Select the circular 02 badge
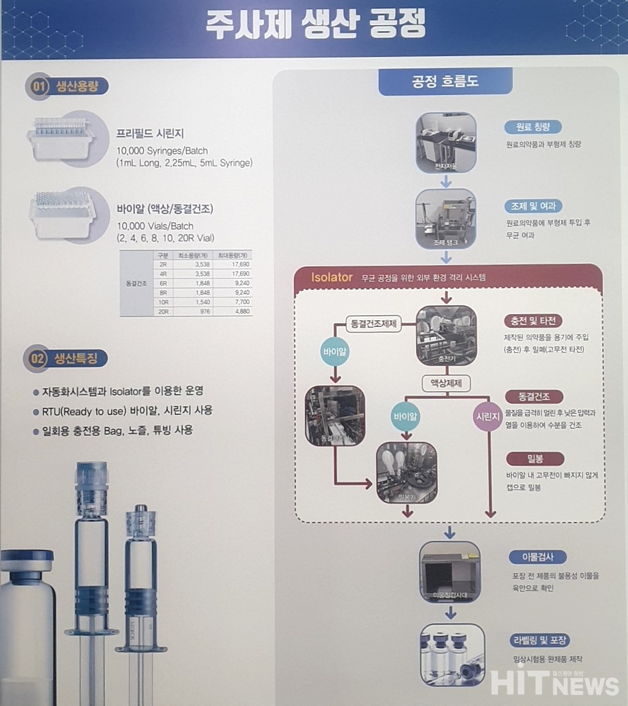tap(38, 359)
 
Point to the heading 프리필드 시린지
tap(149, 133)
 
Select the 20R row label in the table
tap(163, 311)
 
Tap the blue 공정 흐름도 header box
tap(444, 81)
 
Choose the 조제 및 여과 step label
tap(533, 206)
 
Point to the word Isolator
tap(332, 277)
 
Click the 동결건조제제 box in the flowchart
tap(373, 324)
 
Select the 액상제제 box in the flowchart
tap(446, 384)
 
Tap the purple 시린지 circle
tap(488, 416)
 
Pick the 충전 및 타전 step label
tap(533, 320)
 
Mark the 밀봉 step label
tap(533, 458)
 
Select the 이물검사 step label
tap(537, 557)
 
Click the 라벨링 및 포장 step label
tap(539, 640)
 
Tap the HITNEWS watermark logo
tap(554, 683)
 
